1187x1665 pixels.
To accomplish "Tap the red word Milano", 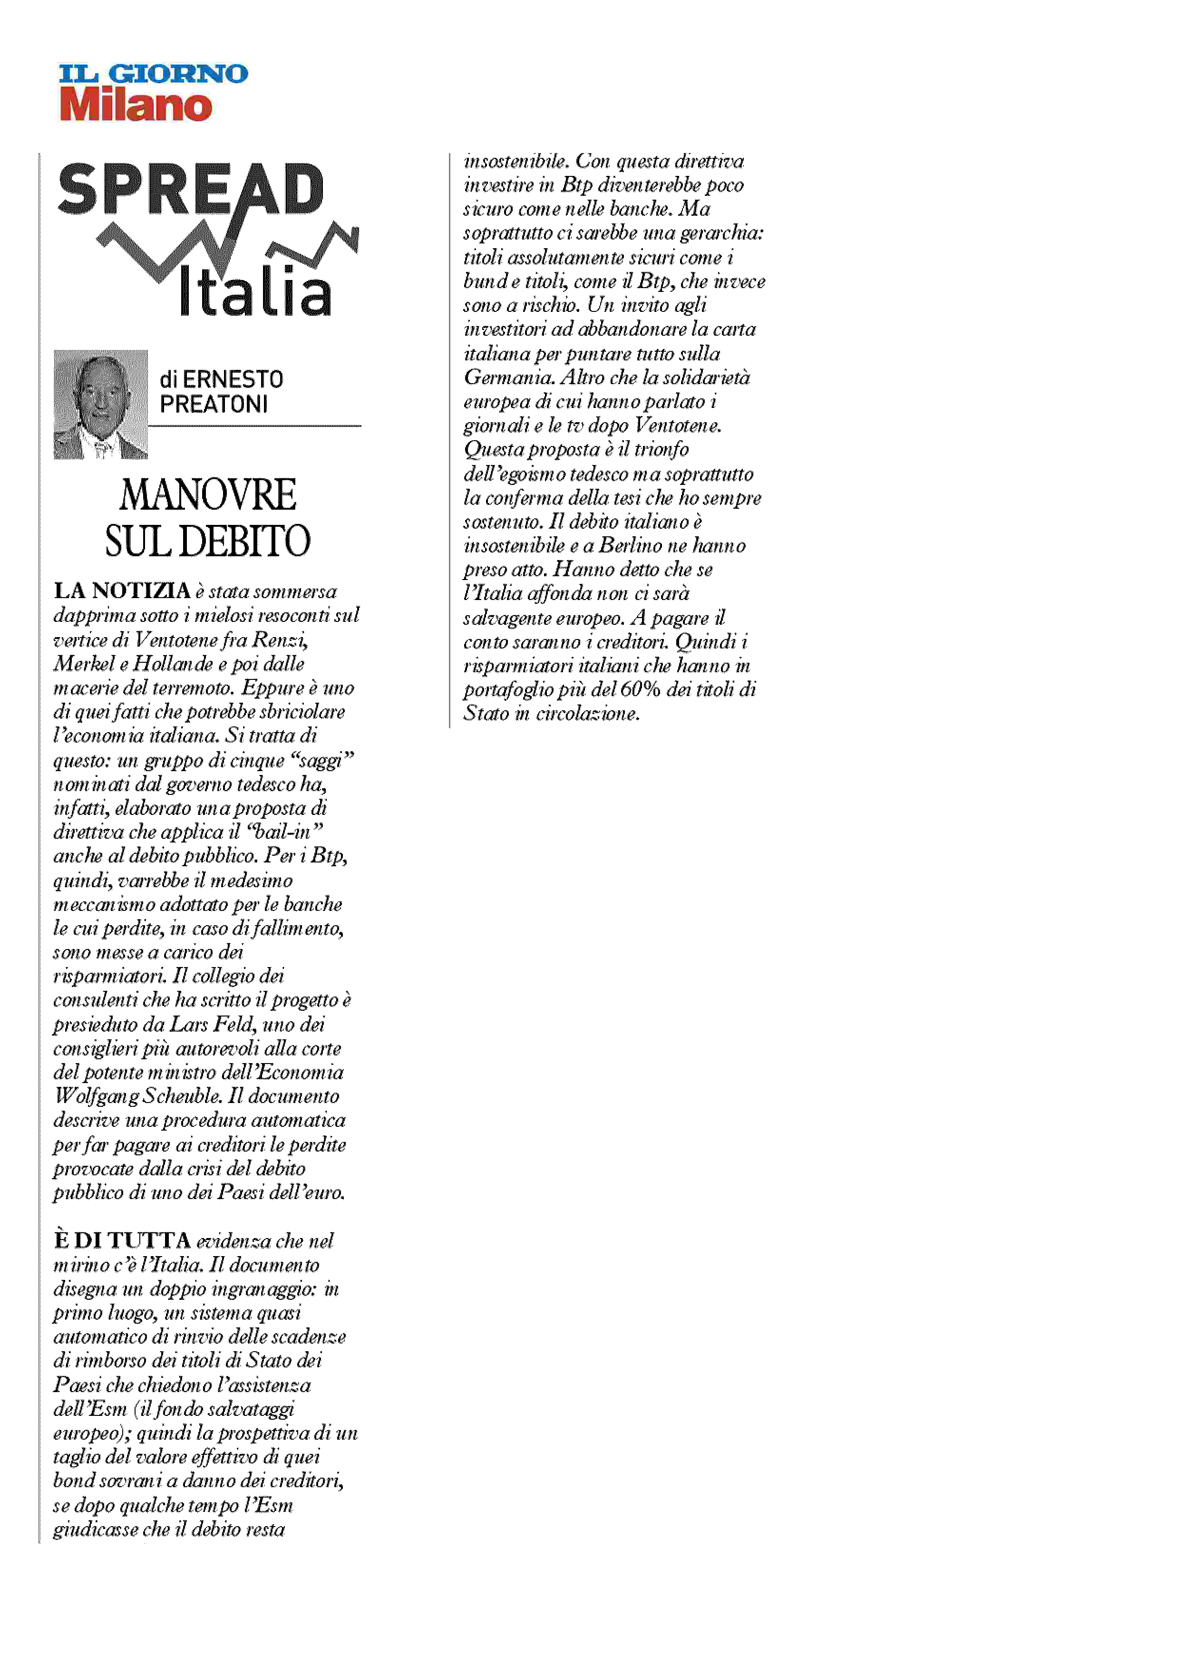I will tap(136, 105).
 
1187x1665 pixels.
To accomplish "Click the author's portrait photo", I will tap(101, 404).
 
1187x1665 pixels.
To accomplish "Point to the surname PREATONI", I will tap(214, 404).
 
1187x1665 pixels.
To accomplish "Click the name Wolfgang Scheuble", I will tap(137, 1096).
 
